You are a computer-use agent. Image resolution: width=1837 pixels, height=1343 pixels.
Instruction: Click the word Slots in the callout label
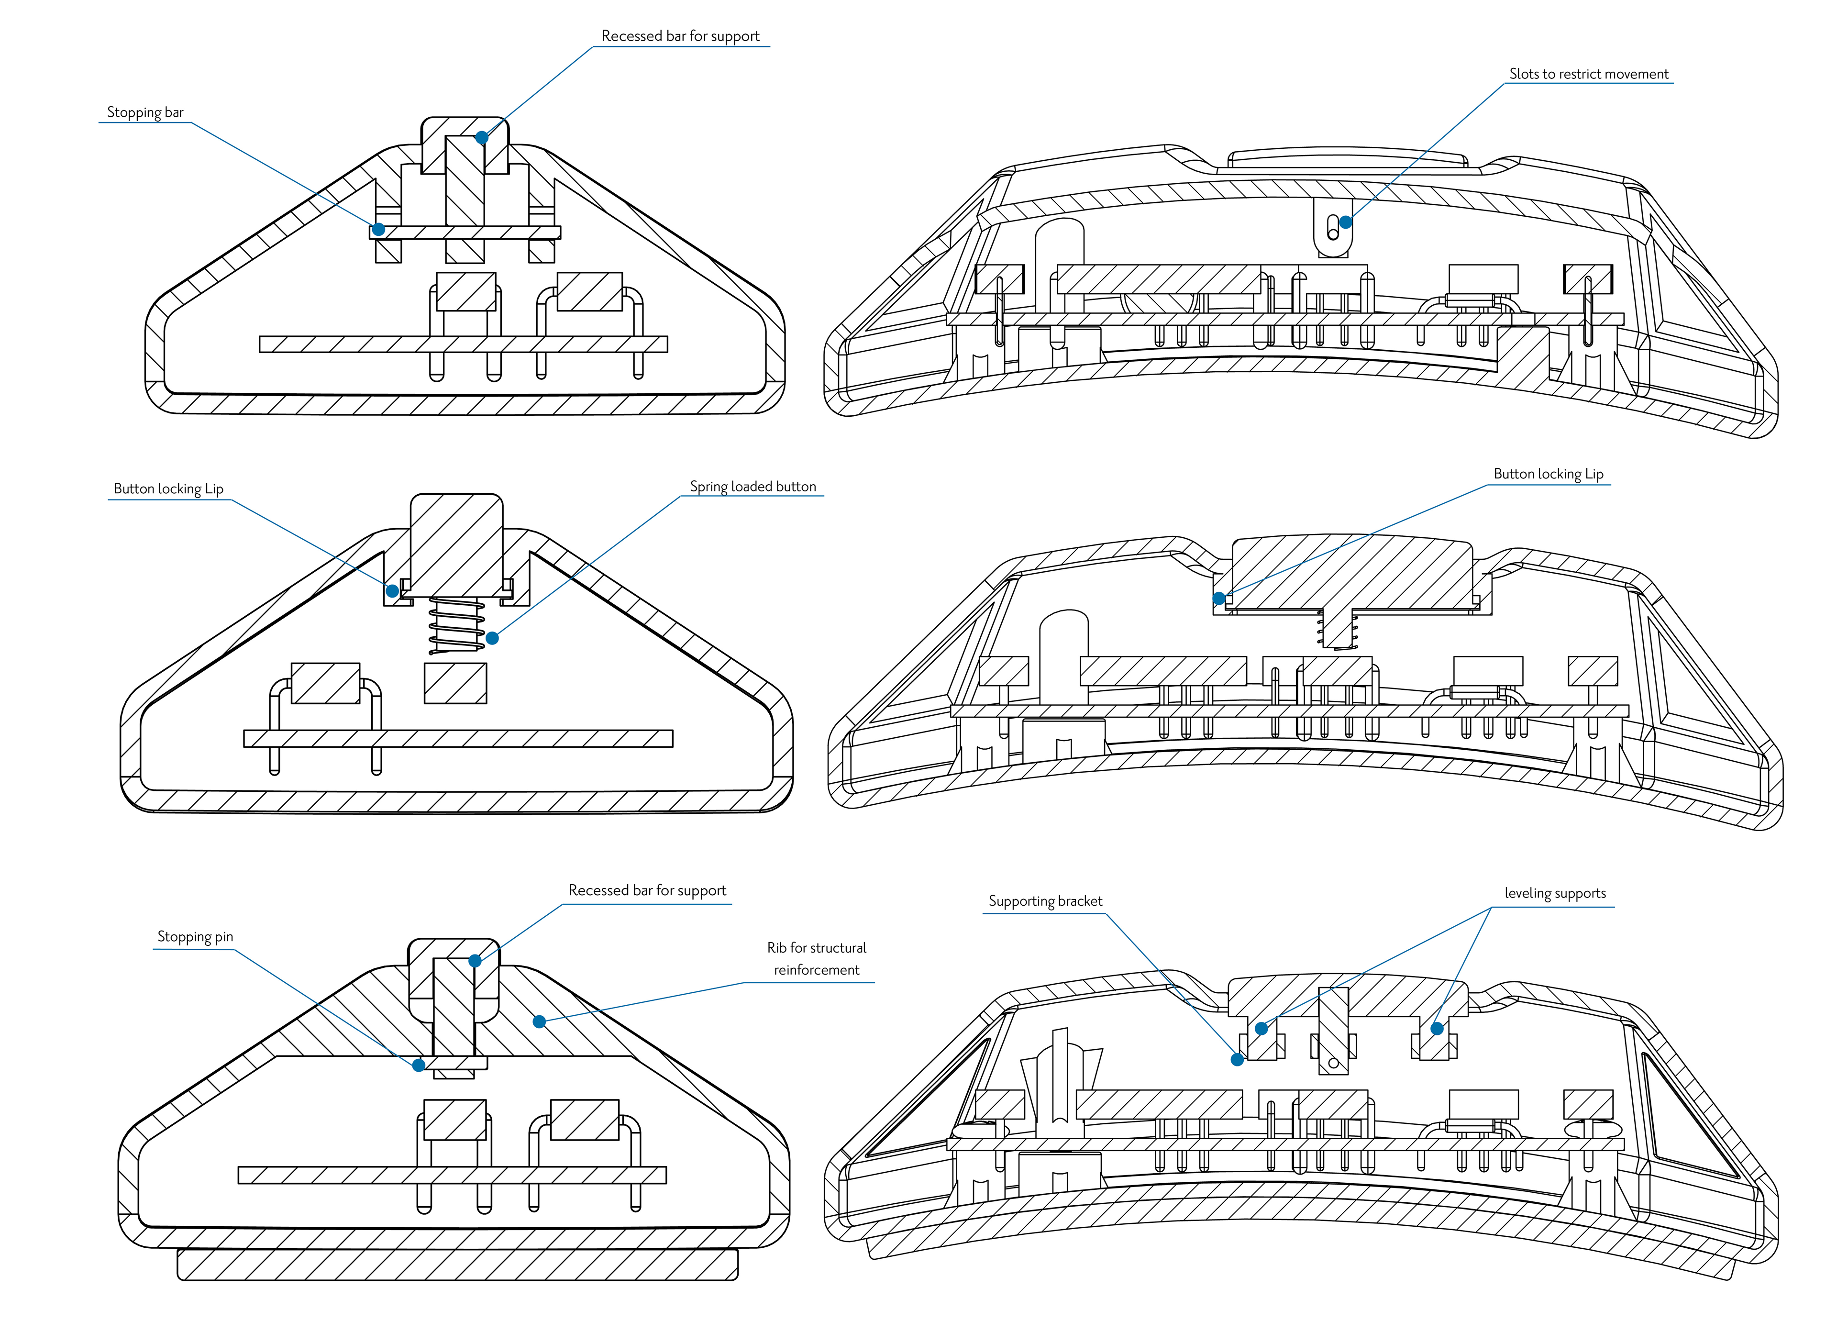1524,74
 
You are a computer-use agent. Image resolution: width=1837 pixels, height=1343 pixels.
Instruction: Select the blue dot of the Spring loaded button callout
492,638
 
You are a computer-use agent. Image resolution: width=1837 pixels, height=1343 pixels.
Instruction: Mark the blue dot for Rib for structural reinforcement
539,1022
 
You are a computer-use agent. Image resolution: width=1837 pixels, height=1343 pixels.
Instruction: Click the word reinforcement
816,970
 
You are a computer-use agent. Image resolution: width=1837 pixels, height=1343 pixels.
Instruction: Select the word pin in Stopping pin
223,936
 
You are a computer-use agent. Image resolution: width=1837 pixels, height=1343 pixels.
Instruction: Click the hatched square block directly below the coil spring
455,684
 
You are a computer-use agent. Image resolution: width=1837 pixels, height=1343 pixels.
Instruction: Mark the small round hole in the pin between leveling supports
1333,1063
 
